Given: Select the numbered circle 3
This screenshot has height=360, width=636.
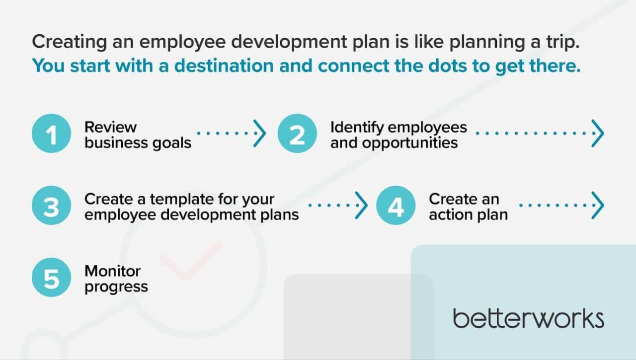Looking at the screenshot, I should (x=51, y=206).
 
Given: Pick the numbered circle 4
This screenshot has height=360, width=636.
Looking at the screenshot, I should (x=396, y=206).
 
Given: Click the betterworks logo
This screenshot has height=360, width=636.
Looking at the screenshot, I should (x=528, y=318).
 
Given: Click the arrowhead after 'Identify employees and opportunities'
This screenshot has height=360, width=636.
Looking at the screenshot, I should (x=598, y=133).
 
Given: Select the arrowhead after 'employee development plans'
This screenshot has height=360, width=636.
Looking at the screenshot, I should (x=361, y=205).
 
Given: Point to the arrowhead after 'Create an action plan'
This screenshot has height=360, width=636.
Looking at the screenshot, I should (x=598, y=205).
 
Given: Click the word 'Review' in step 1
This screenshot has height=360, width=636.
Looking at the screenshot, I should (x=110, y=127).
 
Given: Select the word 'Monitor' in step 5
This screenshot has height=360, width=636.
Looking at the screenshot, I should (x=112, y=271).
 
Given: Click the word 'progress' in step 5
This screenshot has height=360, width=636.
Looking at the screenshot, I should (x=116, y=287).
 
